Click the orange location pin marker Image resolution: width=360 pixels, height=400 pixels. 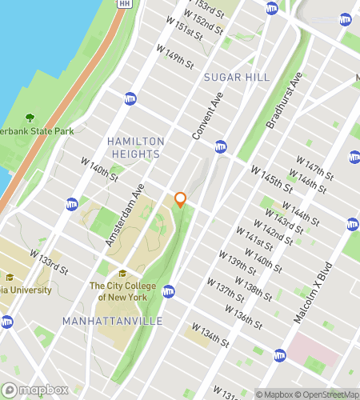point(180,199)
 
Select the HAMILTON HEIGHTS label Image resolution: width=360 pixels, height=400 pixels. point(135,146)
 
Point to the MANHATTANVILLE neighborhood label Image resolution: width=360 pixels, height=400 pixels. point(112,321)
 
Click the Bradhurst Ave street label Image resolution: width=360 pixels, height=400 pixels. point(283,103)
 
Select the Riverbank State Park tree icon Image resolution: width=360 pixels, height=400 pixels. point(30,118)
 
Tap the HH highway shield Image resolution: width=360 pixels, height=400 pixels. point(122,4)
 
